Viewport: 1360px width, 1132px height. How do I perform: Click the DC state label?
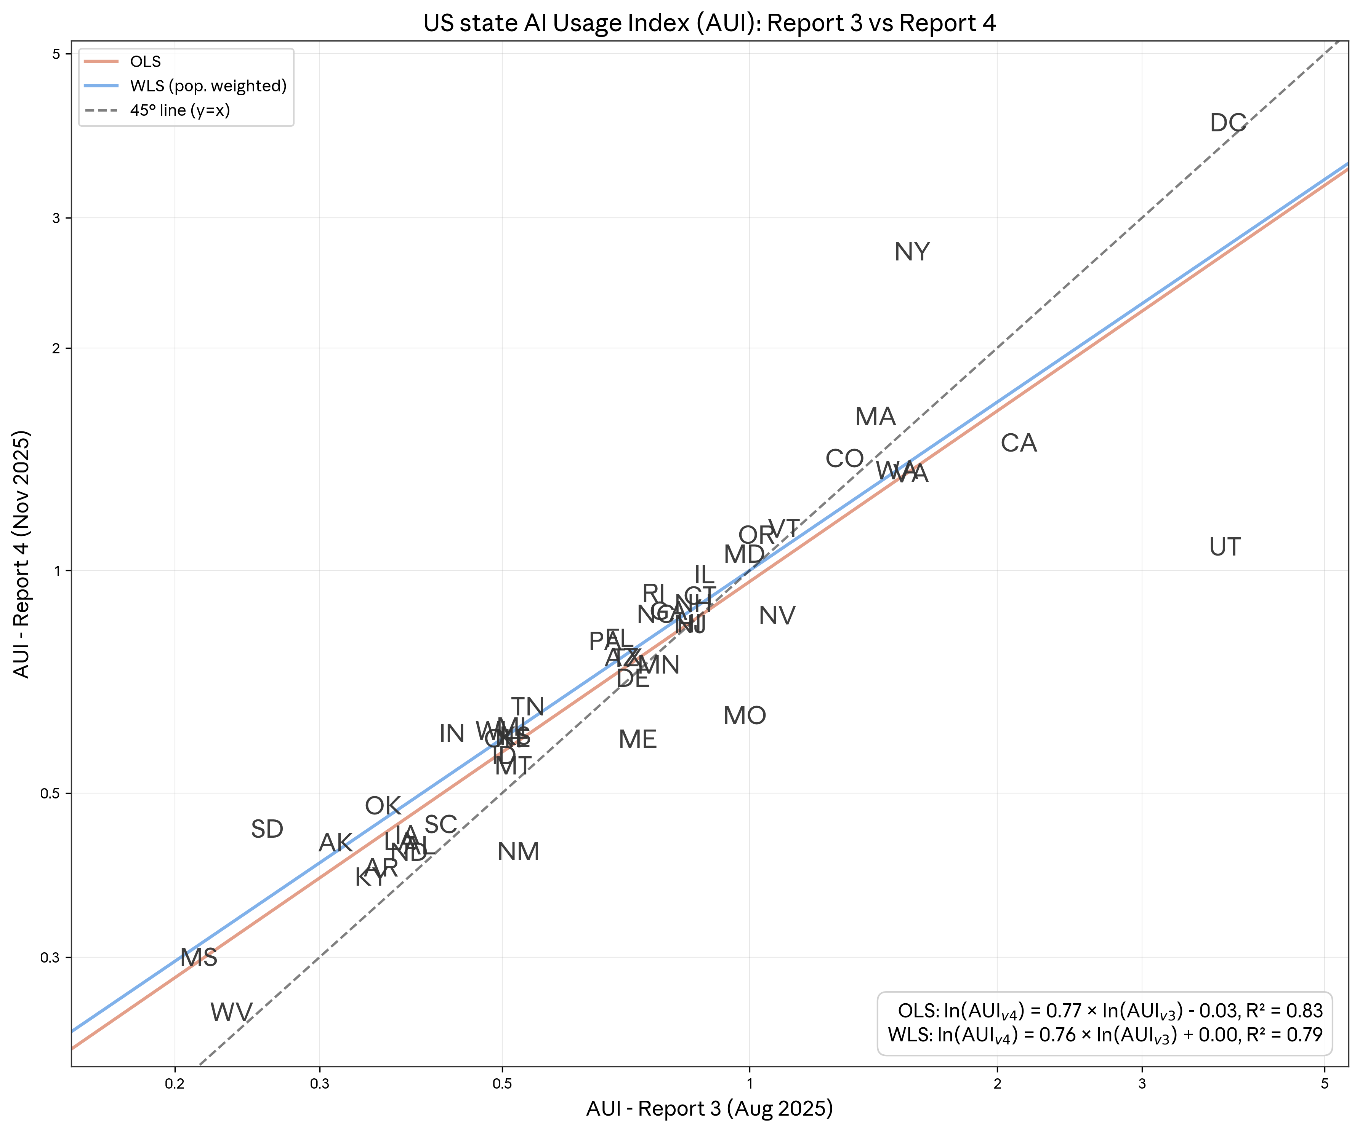click(1228, 123)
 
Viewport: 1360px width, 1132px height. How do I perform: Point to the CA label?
click(1019, 443)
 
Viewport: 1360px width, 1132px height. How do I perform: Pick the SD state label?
click(267, 829)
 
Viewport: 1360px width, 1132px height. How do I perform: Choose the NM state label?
click(518, 852)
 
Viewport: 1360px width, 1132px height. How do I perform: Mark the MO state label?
click(745, 716)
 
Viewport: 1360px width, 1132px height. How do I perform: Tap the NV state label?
click(777, 616)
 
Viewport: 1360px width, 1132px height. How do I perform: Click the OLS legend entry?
click(145, 61)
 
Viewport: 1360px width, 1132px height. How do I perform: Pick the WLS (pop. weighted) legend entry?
click(207, 86)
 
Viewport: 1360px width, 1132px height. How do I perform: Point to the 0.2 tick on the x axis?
click(175, 1084)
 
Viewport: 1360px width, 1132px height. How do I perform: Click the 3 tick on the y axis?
click(56, 218)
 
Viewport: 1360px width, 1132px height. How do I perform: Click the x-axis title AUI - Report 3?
click(709, 1109)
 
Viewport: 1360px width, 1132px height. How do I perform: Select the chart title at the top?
click(709, 23)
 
